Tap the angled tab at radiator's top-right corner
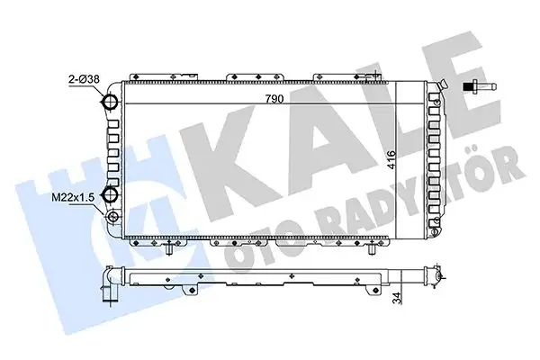pos(440,84)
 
